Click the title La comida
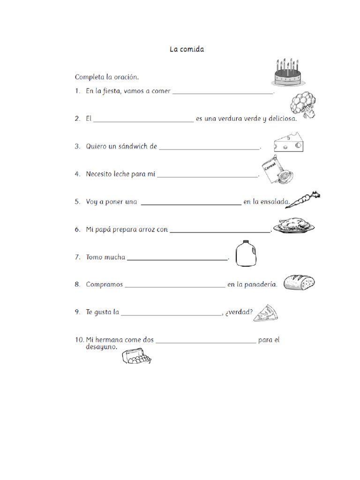[x=187, y=49]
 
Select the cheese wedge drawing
[x=289, y=142]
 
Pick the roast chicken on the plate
[x=294, y=225]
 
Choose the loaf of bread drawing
[x=299, y=283]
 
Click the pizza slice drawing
[x=266, y=313]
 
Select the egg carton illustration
[x=137, y=359]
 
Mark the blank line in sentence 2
[x=143, y=121]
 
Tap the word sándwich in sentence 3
[x=133, y=146]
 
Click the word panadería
[x=261, y=285]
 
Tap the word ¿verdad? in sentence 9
[x=239, y=312]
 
